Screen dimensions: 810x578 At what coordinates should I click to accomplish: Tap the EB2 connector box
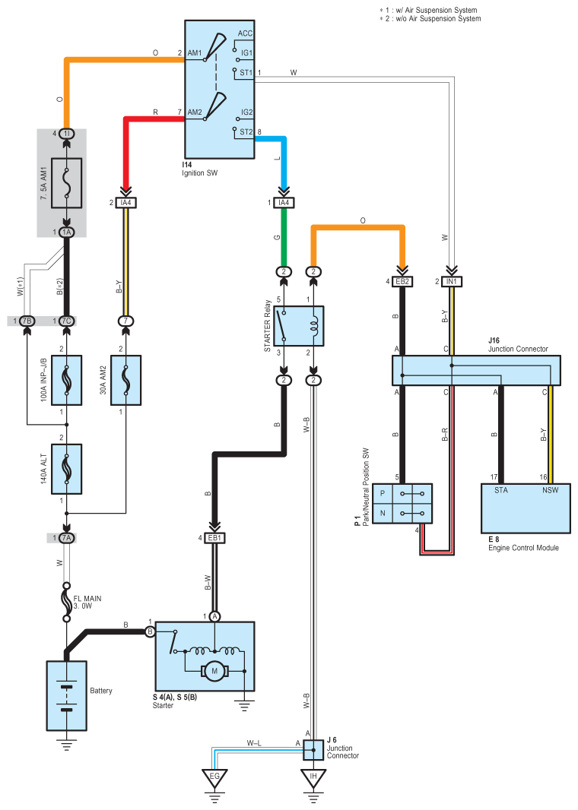403,282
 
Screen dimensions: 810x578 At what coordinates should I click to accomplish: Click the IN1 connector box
451,282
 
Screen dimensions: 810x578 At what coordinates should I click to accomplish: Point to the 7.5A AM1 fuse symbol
66,182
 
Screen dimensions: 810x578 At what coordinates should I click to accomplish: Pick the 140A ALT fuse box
66,470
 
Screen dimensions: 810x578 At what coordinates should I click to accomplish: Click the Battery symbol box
67,695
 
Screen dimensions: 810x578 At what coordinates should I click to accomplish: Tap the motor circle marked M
215,671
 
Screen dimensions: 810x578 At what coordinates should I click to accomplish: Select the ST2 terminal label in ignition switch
246,131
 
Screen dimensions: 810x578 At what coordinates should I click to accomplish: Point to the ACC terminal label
245,34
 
